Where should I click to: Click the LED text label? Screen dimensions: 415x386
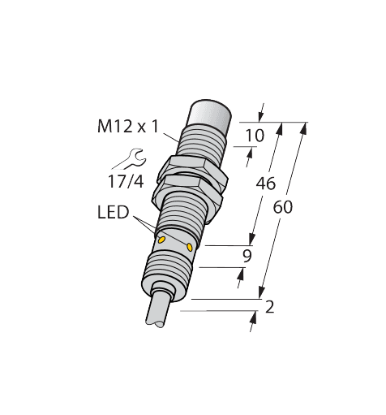[113, 213]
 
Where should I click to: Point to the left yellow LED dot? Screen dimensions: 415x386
[161, 240]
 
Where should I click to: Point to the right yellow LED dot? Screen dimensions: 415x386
[190, 246]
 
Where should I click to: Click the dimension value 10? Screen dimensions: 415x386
[254, 136]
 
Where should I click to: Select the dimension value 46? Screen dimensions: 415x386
[264, 184]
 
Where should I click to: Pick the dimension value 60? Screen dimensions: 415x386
[282, 207]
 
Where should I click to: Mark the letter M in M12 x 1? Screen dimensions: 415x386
[103, 128]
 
